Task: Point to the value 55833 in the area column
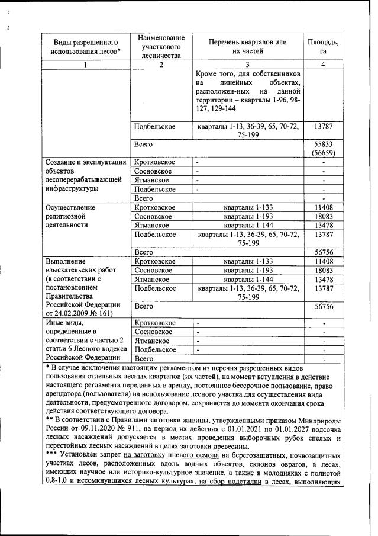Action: tap(322, 143)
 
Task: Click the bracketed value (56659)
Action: tap(322, 153)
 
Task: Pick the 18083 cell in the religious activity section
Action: tap(322, 217)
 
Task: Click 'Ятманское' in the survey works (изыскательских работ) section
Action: tap(152, 279)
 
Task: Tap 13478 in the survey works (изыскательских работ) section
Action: tap(322, 279)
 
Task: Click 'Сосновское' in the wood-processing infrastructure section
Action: tap(153, 171)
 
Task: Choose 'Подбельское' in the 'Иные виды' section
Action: tap(155, 349)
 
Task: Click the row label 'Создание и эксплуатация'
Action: tap(82, 161)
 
